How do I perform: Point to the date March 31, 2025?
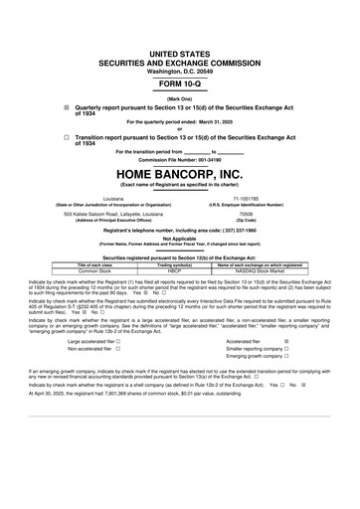pos(224,101)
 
